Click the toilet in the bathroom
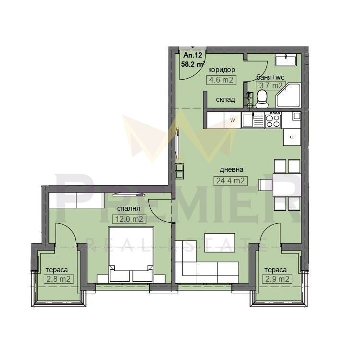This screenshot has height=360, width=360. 262,99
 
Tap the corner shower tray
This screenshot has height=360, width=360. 288,96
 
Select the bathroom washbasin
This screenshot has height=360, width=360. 286,60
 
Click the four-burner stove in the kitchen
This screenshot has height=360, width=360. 273,120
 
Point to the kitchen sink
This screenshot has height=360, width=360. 252,120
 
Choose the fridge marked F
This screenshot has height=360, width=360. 292,137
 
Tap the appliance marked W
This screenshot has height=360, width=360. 232,120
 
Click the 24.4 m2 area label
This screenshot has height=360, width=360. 230,180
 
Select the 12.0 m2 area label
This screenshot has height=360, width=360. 129,219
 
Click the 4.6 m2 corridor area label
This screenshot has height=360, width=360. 221,80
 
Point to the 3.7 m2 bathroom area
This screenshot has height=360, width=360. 270,85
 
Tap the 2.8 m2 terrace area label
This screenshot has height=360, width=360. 58,279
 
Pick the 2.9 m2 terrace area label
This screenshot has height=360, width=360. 277,279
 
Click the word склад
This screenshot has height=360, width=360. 226,100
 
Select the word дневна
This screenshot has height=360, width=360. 231,170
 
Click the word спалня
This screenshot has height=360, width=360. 129,208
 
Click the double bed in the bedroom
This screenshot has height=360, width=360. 131,254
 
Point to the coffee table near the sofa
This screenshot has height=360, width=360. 220,243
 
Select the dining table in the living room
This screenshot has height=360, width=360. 287,185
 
